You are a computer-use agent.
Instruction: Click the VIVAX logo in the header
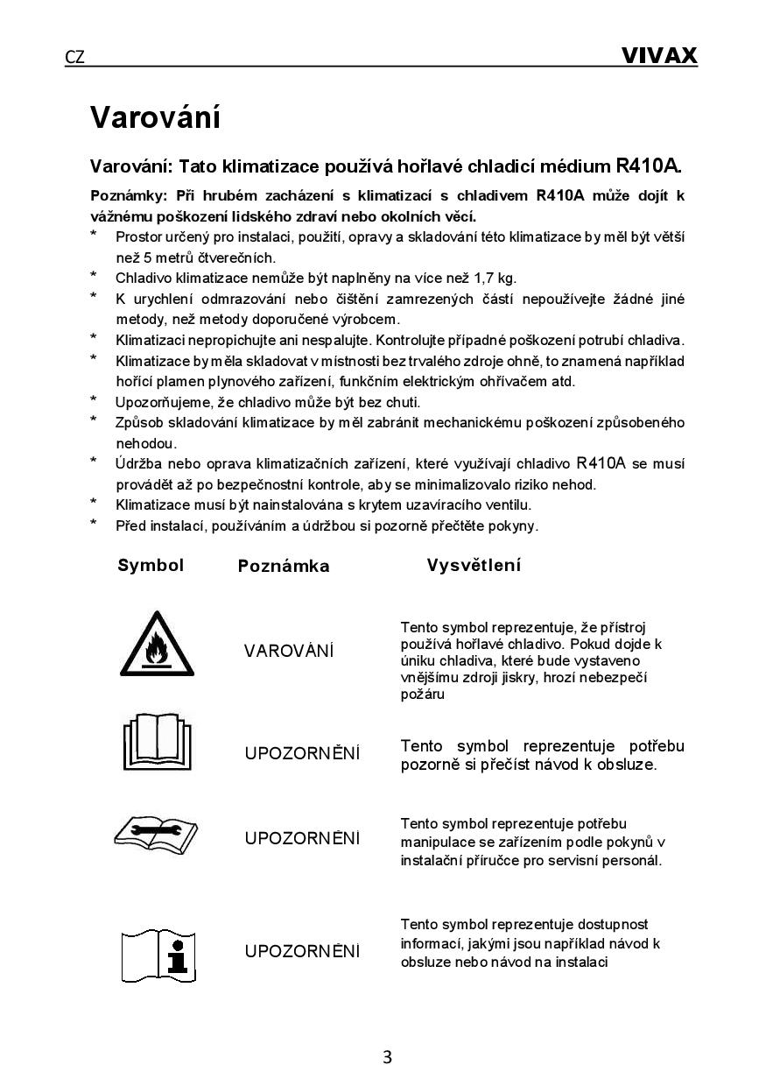point(658,56)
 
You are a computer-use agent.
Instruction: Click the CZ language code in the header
point(75,58)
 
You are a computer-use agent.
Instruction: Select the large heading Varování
point(155,117)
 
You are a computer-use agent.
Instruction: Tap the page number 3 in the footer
point(387,1056)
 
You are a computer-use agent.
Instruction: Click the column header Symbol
point(151,565)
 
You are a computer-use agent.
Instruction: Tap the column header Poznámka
point(284,567)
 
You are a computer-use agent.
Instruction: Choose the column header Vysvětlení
point(474,565)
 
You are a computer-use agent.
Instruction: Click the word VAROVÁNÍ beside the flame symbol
point(289,651)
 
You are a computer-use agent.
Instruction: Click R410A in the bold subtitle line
point(648,166)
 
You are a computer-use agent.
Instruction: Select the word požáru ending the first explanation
point(422,695)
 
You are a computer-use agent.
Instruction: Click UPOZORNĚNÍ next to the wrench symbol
point(302,838)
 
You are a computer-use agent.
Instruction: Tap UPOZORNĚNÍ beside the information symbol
point(302,951)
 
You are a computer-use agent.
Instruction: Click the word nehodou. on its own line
point(146,443)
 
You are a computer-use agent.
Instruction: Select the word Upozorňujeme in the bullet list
point(164,402)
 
